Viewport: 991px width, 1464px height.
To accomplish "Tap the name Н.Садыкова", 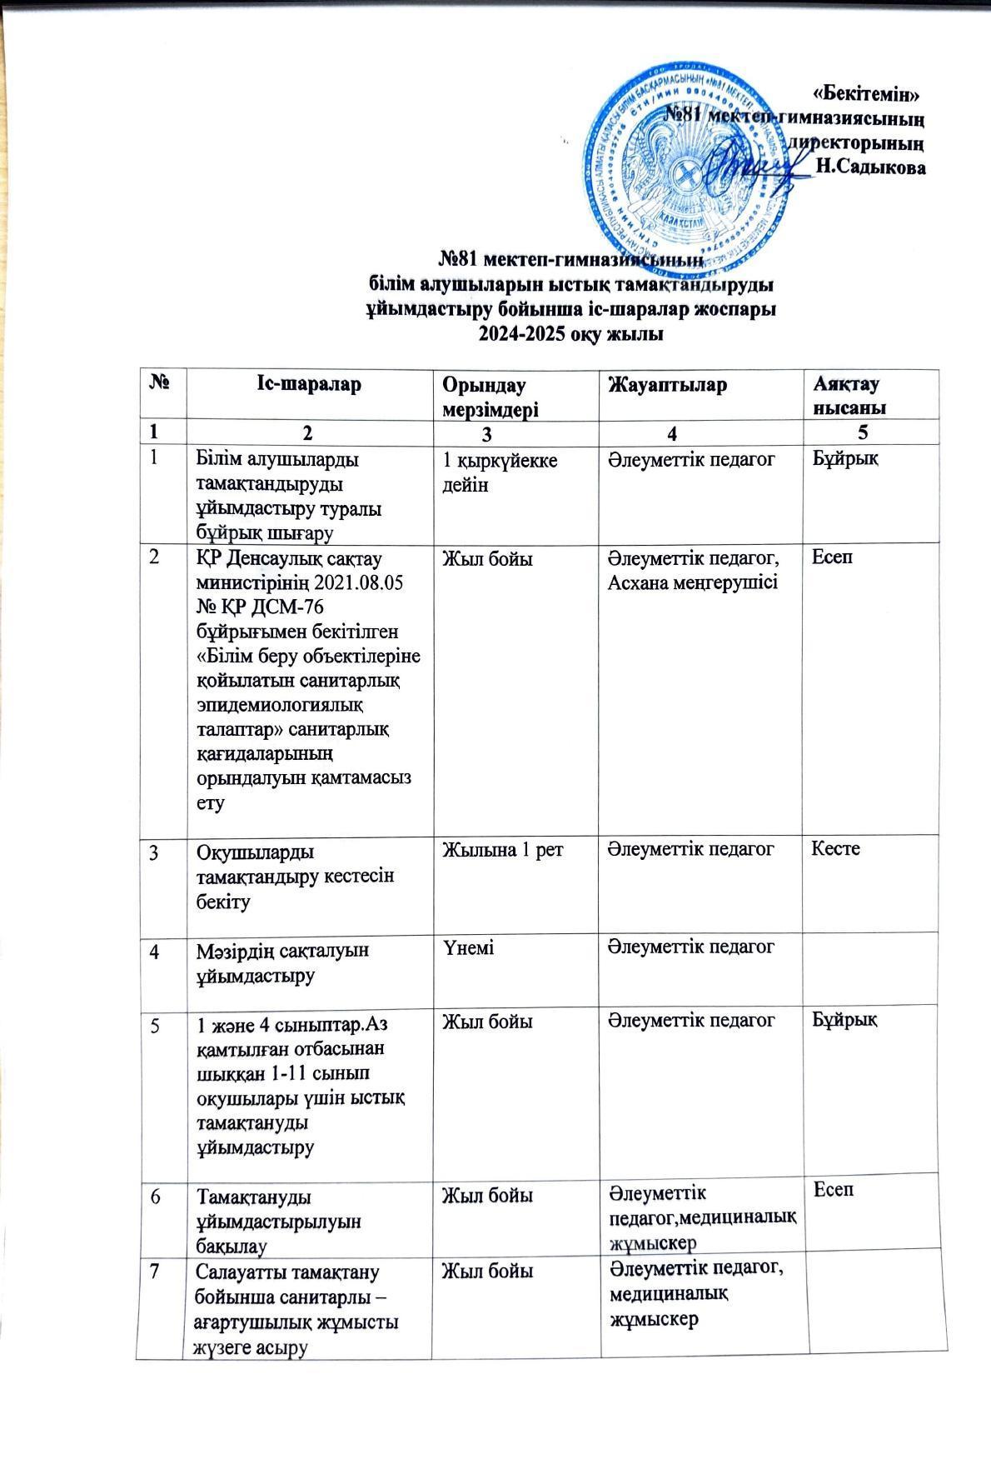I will [872, 167].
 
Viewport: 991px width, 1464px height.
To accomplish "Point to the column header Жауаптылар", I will [668, 384].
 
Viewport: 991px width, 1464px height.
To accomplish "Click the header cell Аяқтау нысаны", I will [849, 395].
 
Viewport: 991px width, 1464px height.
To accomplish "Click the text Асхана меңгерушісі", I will [693, 582].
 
